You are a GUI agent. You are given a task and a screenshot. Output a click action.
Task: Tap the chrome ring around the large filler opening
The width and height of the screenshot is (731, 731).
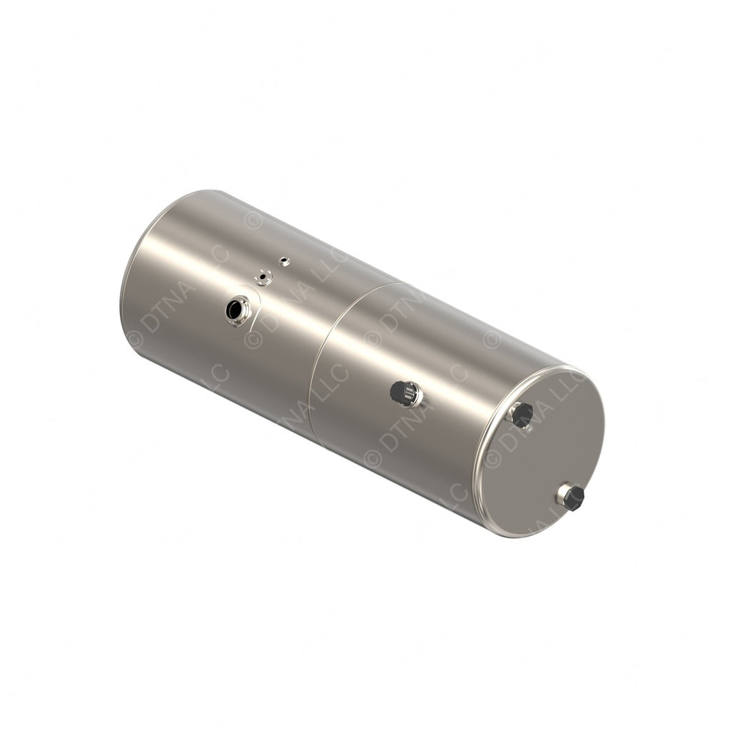(241, 318)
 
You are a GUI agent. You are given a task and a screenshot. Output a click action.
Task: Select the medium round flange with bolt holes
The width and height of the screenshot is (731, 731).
(264, 277)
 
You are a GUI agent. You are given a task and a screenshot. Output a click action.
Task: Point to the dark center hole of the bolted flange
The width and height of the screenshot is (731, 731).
(263, 276)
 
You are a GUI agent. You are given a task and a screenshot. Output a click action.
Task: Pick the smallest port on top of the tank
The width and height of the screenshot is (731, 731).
(284, 261)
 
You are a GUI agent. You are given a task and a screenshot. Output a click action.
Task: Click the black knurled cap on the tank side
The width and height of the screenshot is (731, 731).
(402, 392)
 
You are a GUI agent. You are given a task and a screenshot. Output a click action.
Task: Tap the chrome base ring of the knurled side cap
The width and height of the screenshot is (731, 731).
(414, 395)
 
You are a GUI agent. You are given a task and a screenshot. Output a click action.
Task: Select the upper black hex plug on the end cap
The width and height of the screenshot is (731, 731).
(523, 415)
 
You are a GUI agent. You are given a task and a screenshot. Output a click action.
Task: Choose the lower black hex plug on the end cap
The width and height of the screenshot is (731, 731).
(573, 498)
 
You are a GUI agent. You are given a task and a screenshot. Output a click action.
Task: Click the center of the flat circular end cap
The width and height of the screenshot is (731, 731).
(541, 453)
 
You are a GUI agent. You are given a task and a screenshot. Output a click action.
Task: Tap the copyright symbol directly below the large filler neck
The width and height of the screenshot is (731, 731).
(252, 341)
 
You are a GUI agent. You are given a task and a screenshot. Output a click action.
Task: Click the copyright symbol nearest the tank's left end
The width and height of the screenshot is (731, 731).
(135, 341)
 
